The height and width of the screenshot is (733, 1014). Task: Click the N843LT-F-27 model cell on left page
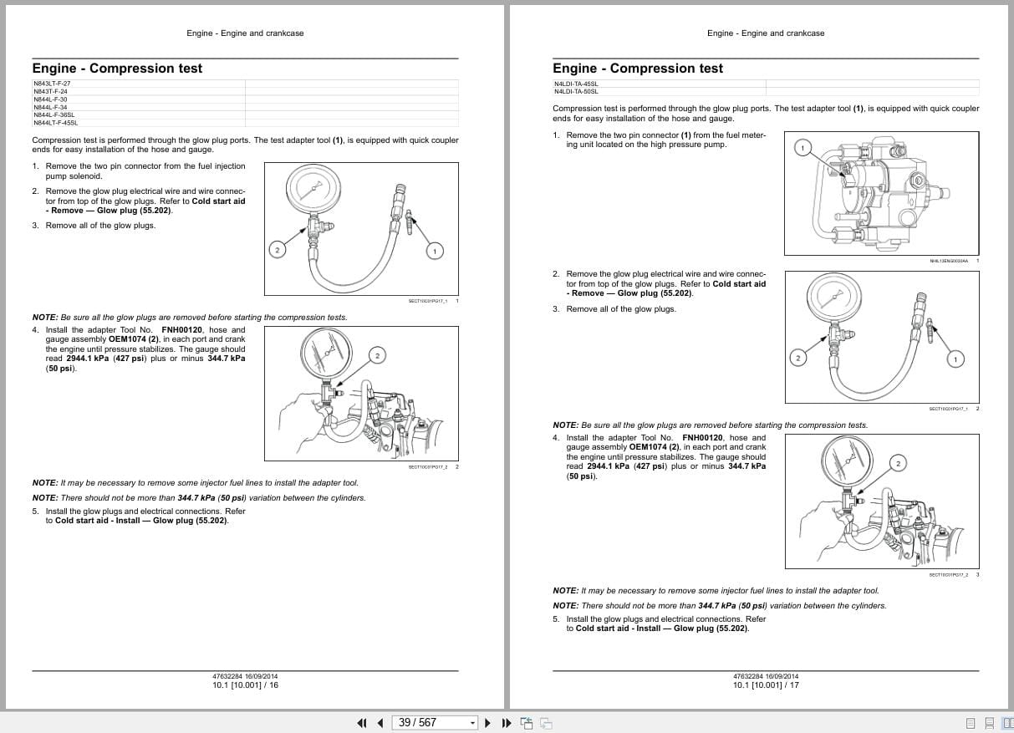tap(52, 84)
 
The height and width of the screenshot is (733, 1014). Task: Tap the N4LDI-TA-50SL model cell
tap(575, 91)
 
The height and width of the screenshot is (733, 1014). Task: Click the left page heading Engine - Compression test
tap(117, 69)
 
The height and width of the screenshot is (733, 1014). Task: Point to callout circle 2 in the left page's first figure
tap(278, 250)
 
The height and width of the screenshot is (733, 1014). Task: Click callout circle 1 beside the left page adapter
tap(434, 250)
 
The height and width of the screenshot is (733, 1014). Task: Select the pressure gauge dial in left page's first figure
tap(310, 190)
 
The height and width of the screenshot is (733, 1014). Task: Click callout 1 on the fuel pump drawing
tap(802, 149)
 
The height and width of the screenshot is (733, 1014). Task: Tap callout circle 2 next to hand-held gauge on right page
tap(898, 463)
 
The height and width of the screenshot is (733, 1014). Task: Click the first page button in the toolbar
tap(362, 723)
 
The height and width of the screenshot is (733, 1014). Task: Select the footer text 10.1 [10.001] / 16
tap(246, 685)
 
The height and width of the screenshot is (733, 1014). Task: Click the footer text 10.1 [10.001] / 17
tap(766, 685)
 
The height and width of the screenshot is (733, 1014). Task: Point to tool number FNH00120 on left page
tap(182, 330)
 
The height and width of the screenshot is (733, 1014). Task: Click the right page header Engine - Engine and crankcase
tap(765, 33)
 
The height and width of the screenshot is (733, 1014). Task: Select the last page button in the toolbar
tap(506, 723)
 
